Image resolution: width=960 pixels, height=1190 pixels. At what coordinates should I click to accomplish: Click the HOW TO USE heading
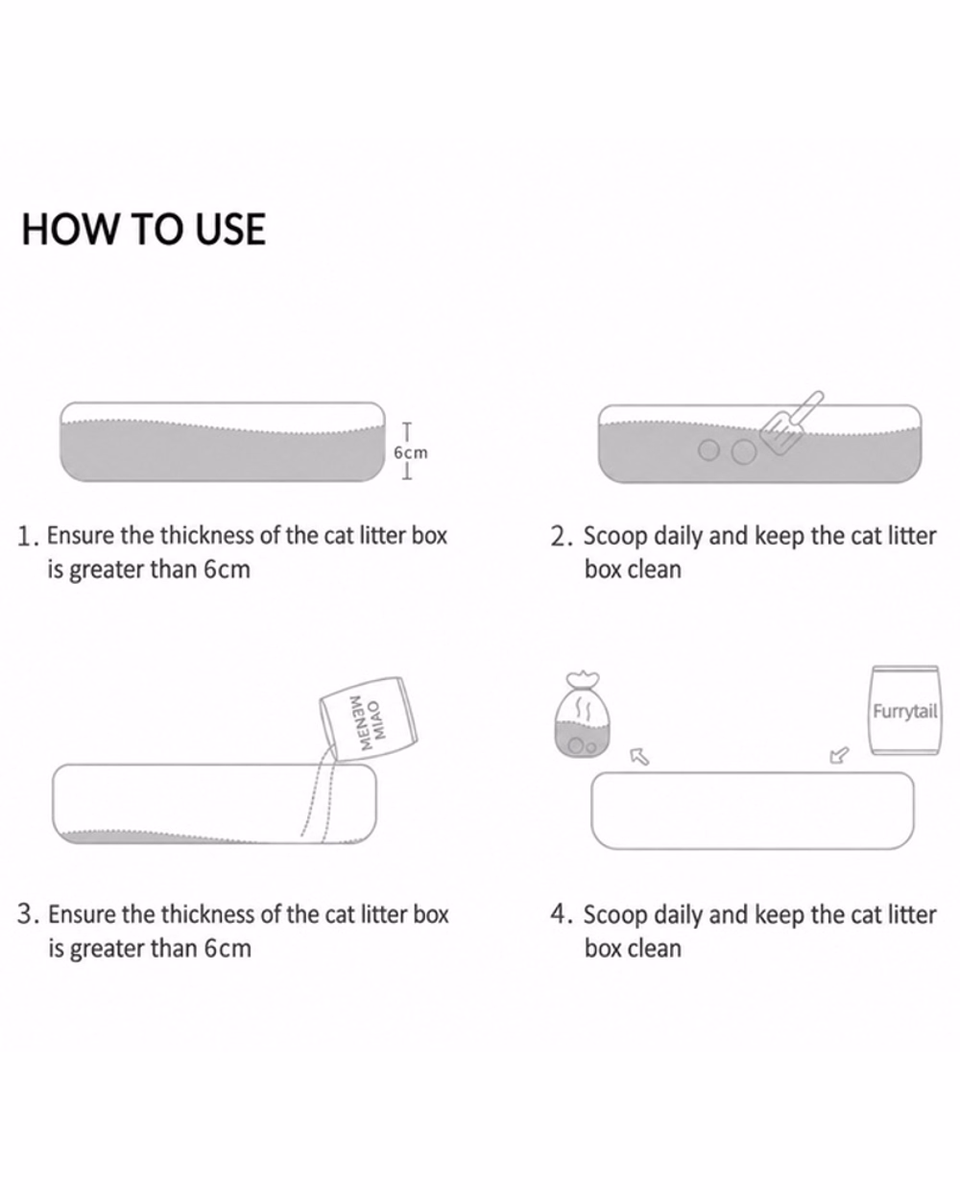click(144, 229)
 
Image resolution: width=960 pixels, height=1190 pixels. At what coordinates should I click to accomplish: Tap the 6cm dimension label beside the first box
click(411, 452)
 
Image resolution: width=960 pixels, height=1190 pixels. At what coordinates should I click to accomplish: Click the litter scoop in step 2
click(791, 423)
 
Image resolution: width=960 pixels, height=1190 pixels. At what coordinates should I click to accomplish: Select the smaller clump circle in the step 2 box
click(708, 449)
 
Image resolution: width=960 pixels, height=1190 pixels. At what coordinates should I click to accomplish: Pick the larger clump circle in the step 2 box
click(744, 452)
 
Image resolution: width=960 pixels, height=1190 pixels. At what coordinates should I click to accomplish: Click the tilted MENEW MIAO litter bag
click(369, 719)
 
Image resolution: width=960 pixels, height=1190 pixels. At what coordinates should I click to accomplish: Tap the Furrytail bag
click(904, 710)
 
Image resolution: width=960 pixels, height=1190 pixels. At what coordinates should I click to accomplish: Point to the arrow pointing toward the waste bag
click(639, 757)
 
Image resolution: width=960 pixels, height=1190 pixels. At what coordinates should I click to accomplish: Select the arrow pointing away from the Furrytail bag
click(839, 755)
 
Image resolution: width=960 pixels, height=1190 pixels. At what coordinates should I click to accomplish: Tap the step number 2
click(559, 537)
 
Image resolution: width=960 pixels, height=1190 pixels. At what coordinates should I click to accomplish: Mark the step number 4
click(559, 914)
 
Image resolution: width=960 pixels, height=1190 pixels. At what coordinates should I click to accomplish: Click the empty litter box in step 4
click(753, 811)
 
